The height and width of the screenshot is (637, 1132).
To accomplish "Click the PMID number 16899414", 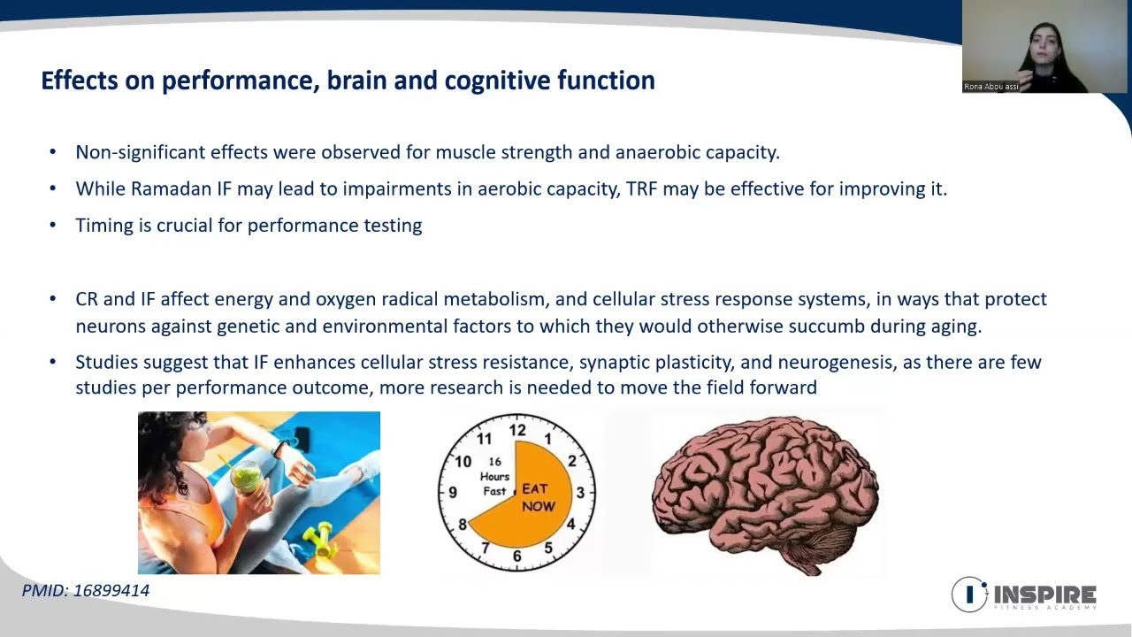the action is [x=111, y=590].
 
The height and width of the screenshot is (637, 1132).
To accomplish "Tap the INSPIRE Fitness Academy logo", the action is [x=1024, y=595].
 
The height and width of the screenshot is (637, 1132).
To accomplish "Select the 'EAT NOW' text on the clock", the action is [x=539, y=497].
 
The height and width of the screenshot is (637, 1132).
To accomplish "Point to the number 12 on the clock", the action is [x=517, y=430].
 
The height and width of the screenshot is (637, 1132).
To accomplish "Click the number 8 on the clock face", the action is [x=462, y=525].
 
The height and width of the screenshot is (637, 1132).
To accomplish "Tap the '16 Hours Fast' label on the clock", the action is [x=494, y=476].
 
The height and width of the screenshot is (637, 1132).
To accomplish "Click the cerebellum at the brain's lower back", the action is [x=819, y=546].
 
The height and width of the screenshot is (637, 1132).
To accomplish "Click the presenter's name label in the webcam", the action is [x=991, y=87].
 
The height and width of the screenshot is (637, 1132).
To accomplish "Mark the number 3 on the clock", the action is [x=580, y=493].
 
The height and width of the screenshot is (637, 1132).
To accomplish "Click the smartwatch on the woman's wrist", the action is [x=277, y=449].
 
